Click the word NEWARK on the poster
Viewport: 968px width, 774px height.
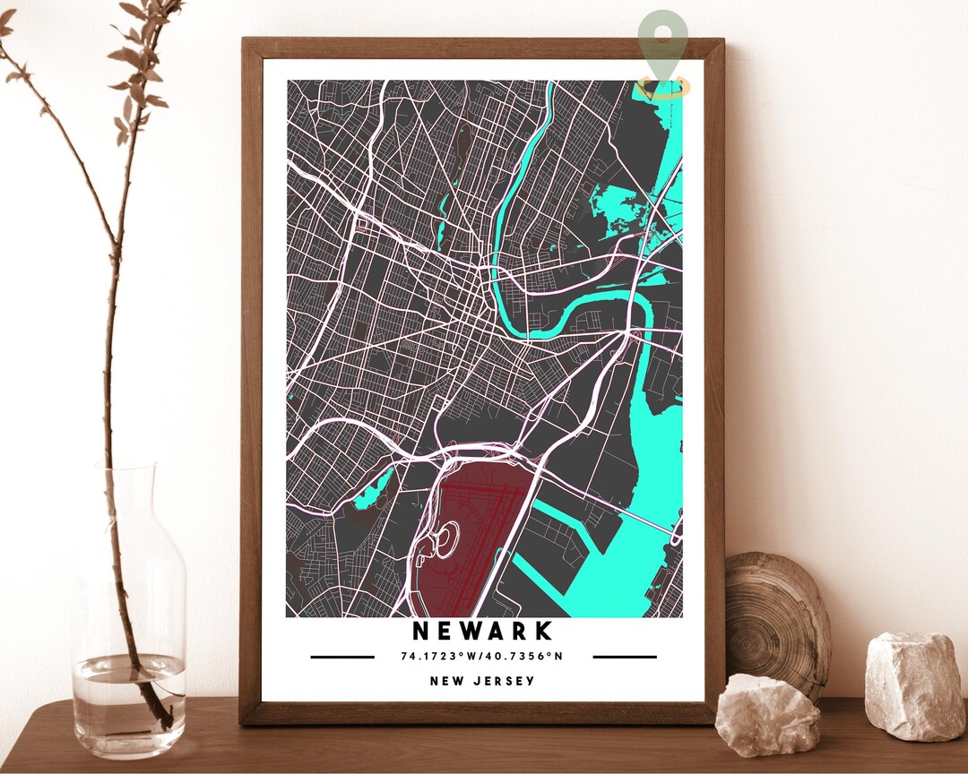pos(482,632)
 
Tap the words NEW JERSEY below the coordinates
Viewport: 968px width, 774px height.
pos(482,681)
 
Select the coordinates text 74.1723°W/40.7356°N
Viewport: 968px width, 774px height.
pos(482,657)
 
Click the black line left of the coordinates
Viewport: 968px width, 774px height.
pos(342,657)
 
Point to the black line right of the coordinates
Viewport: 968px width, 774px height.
pos(625,657)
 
